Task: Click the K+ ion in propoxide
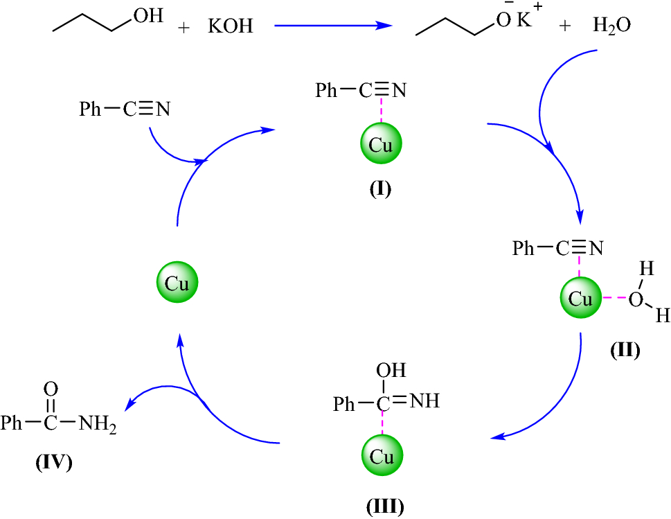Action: click(528, 22)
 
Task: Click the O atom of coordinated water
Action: click(635, 299)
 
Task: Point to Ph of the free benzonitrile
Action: click(91, 109)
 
